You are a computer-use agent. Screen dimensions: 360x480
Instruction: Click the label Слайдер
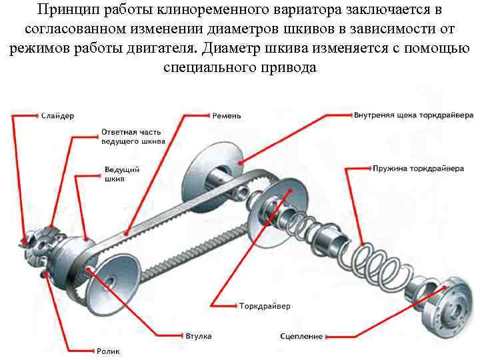(57, 116)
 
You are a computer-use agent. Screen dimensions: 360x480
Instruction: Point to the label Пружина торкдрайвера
(417, 169)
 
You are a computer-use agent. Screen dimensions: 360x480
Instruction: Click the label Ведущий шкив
(122, 175)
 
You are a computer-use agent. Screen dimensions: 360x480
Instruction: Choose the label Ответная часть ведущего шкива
(133, 137)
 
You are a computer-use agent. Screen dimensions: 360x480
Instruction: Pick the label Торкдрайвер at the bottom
(265, 307)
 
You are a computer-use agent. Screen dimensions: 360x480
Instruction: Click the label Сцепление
(301, 337)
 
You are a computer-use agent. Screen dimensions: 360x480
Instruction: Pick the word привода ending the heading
(288, 67)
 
